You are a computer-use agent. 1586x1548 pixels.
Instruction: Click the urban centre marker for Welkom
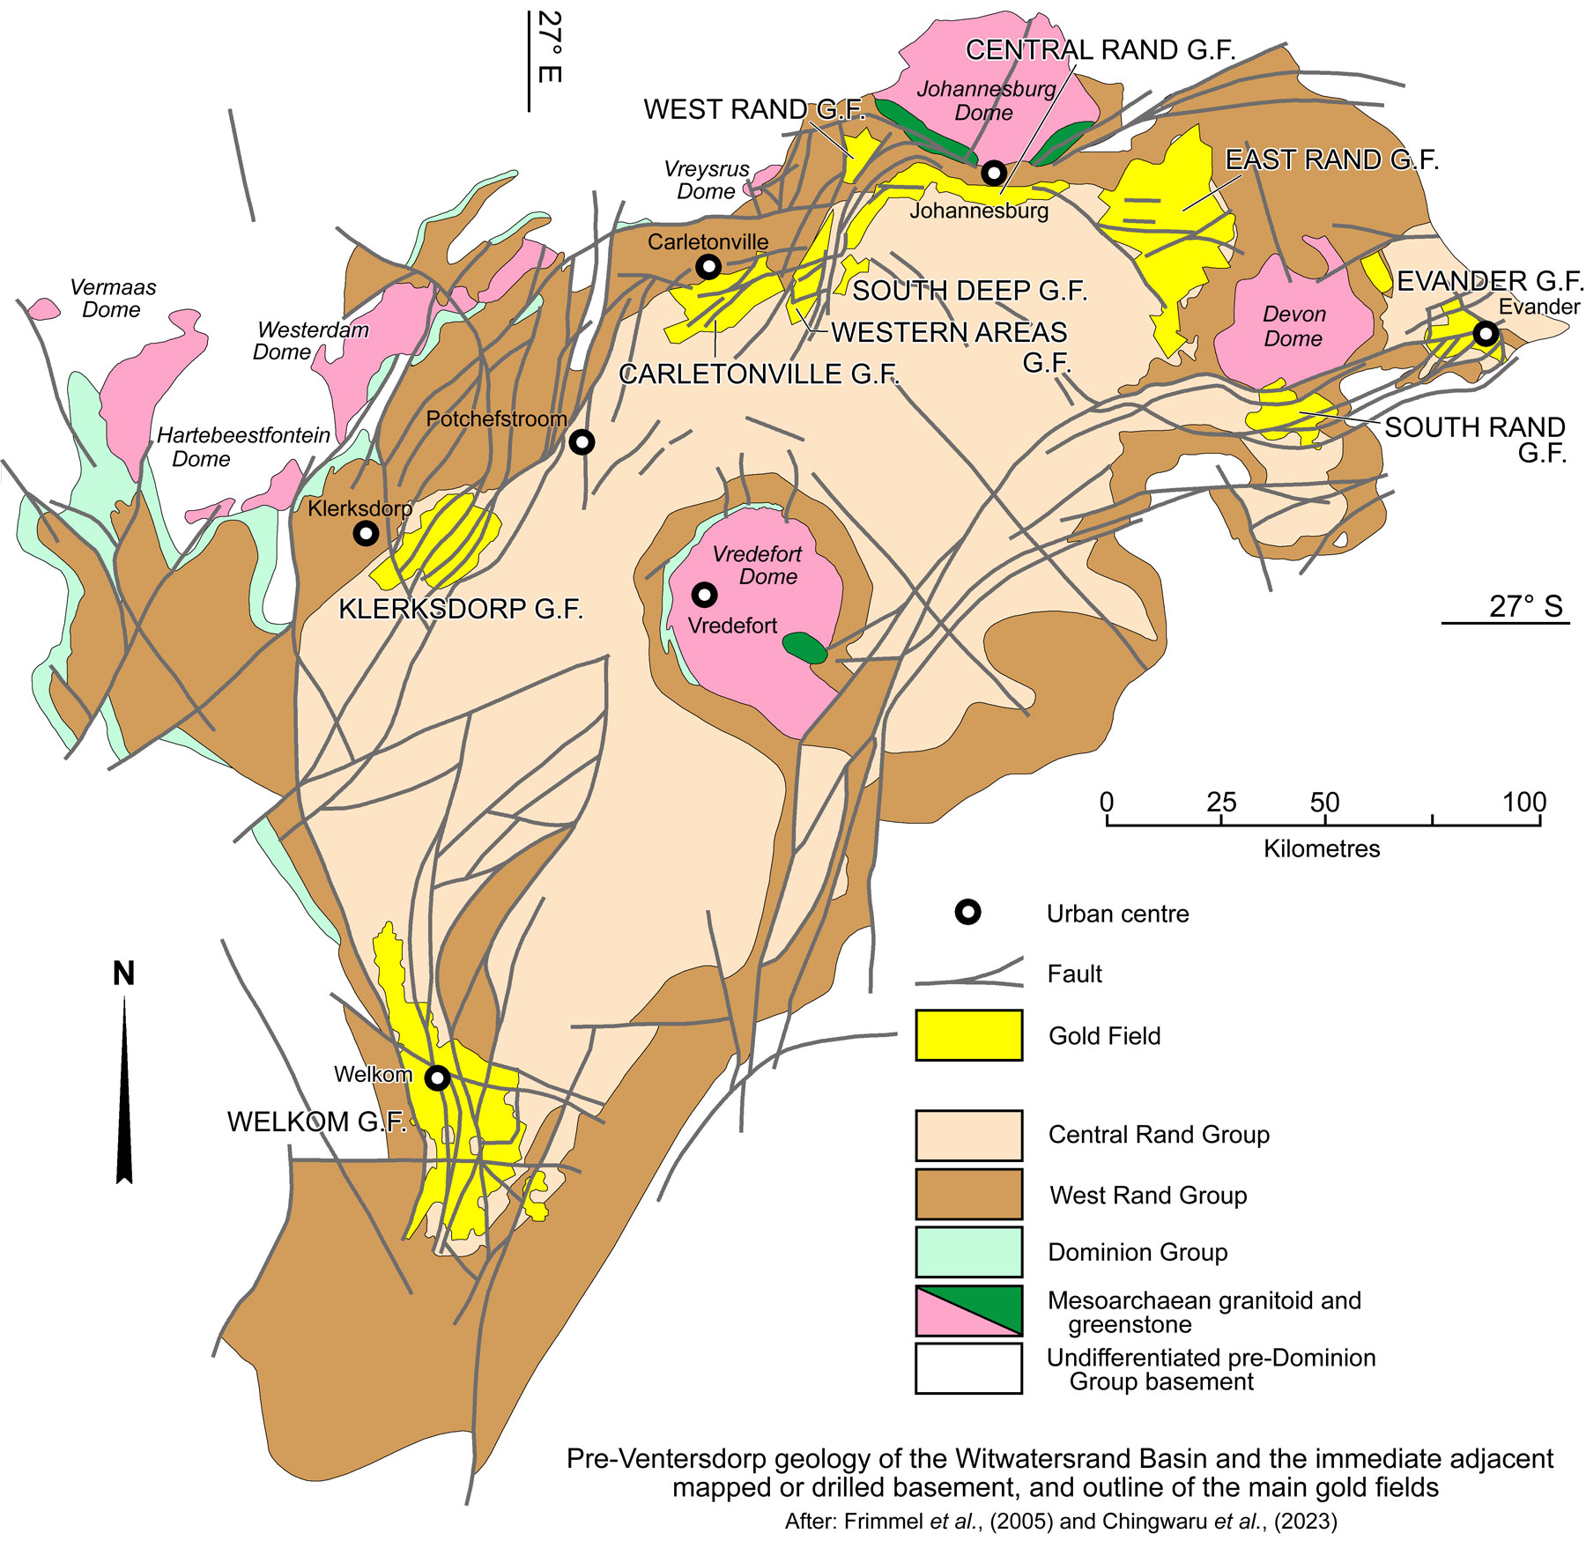438,1078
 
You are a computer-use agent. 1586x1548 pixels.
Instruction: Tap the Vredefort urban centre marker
704,595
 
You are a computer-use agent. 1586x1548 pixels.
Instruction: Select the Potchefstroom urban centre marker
582,442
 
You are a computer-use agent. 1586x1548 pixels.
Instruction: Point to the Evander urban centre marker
1486,334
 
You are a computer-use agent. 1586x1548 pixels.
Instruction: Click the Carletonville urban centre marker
708,266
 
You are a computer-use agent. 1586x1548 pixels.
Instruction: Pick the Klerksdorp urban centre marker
366,533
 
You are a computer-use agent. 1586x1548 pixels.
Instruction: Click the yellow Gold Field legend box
968,1035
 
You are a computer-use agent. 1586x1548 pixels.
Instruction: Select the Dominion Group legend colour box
968,1252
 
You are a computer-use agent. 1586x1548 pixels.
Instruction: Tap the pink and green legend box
968,1311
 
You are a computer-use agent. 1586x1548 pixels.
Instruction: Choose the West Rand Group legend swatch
968,1194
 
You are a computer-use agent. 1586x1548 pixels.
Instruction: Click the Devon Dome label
1293,326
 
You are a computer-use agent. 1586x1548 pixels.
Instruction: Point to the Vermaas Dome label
112,298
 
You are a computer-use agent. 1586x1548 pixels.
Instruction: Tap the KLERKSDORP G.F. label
461,609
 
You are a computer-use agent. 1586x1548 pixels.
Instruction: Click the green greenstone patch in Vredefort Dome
804,648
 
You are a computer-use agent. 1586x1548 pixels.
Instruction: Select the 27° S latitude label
1525,606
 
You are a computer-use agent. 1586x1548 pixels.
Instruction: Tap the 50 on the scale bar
1324,802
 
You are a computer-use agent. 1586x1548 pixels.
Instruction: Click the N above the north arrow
124,974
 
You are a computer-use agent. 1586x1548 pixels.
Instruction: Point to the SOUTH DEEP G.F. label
969,291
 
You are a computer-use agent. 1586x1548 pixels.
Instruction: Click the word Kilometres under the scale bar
1321,848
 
